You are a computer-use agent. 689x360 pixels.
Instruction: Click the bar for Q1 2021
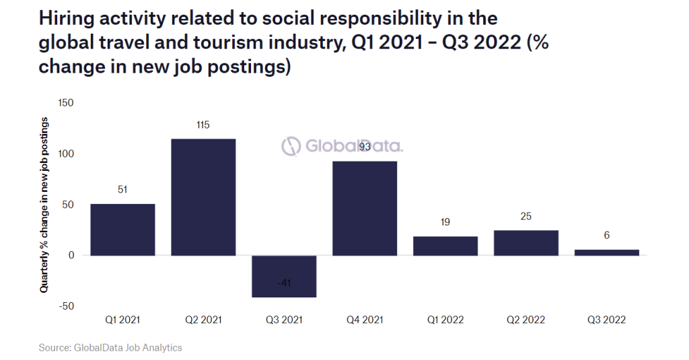(122, 229)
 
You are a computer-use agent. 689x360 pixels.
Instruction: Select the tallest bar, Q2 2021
(203, 197)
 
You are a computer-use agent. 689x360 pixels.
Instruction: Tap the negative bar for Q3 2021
(284, 276)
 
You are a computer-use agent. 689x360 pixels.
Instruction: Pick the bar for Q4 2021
(365, 209)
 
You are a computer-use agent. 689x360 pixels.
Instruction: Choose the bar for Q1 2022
(445, 246)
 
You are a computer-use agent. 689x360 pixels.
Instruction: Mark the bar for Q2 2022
(526, 243)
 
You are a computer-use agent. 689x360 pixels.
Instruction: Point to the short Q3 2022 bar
(607, 252)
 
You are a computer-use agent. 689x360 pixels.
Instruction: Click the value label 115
(203, 125)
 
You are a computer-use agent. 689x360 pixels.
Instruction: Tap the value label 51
(122, 190)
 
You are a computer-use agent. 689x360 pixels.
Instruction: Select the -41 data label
(284, 283)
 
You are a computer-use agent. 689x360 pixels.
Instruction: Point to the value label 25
(526, 217)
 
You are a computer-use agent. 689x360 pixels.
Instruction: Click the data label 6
(607, 236)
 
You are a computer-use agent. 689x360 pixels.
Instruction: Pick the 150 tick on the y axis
(66, 103)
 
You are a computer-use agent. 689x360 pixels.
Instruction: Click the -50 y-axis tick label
(66, 306)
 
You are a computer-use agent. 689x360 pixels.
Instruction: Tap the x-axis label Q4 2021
(365, 320)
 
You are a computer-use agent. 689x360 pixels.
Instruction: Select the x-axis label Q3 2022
(607, 320)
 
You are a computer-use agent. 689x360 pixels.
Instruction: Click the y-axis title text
(44, 205)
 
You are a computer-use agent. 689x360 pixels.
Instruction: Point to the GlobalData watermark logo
(342, 145)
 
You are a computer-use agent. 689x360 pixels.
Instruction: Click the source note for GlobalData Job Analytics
(110, 348)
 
